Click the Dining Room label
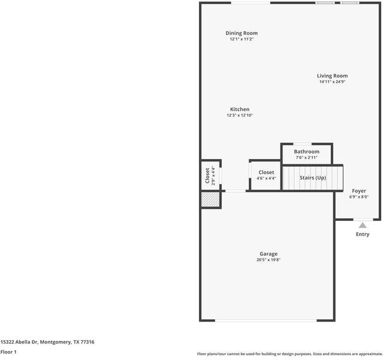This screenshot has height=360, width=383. pos(242,33)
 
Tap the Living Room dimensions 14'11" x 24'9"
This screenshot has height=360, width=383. pos(332,82)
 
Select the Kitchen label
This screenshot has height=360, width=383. pos(240,109)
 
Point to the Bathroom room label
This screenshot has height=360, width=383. pos(306,152)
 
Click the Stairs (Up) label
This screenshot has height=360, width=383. pos(313,178)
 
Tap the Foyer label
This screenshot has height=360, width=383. pos(359,191)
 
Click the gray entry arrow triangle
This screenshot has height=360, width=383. pos(363,225)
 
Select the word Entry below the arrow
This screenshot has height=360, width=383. pos(363,234)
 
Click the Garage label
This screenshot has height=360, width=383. pos(269,254)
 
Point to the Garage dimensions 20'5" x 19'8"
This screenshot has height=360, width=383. pos(269,260)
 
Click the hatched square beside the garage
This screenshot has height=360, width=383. pos(210,200)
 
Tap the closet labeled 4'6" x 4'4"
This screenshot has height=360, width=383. pos(266,175)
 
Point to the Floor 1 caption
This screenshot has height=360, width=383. pos(8,352)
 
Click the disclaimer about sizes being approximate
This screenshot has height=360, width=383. pos(289,354)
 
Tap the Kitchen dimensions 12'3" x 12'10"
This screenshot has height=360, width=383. pos(240,115)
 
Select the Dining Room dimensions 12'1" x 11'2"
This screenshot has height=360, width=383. pos(242,39)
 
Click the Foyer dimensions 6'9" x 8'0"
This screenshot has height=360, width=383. pos(359,197)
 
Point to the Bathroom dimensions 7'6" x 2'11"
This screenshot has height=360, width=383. pos(306,157)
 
